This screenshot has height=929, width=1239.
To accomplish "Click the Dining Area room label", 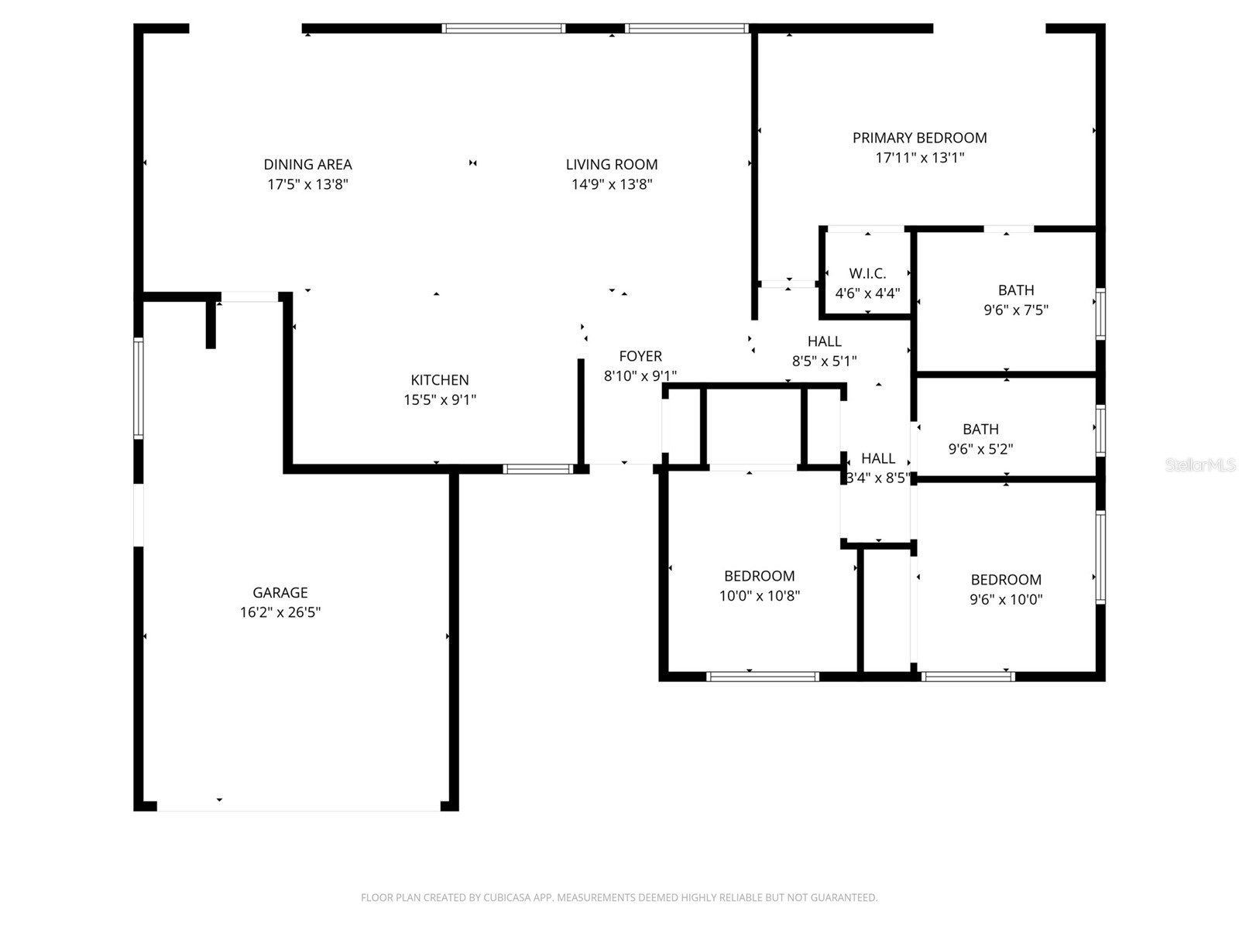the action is pyautogui.click(x=307, y=165).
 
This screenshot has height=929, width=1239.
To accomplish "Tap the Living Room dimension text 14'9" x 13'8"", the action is pyautogui.click(x=612, y=184).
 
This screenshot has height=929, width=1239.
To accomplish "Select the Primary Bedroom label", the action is pyautogui.click(x=919, y=139).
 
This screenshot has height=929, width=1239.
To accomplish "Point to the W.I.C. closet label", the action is pyautogui.click(x=867, y=273).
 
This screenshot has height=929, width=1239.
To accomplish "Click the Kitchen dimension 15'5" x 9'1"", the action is pyautogui.click(x=440, y=400).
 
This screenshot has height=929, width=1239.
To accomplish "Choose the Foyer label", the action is pyautogui.click(x=640, y=356).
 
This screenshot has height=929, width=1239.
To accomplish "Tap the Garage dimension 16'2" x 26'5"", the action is pyautogui.click(x=280, y=612).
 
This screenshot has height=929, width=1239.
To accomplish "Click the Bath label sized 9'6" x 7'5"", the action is pyautogui.click(x=1016, y=290).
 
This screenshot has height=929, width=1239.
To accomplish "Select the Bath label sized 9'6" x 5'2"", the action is pyautogui.click(x=980, y=430).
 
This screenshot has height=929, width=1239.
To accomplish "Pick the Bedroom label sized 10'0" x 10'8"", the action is pyautogui.click(x=759, y=576).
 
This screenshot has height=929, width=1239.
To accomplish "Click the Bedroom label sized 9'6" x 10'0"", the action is pyautogui.click(x=1006, y=580).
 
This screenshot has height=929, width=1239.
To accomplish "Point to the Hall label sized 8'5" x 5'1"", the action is pyautogui.click(x=824, y=341).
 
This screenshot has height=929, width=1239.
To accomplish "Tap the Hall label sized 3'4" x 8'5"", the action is pyautogui.click(x=877, y=458).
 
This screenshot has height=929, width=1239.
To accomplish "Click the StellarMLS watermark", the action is pyautogui.click(x=1200, y=465).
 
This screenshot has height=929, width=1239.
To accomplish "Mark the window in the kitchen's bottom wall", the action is pyautogui.click(x=538, y=468).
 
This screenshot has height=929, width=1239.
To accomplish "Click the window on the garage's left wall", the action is pyautogui.click(x=139, y=388).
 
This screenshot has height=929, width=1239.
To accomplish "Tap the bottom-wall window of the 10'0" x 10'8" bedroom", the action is pyautogui.click(x=762, y=677).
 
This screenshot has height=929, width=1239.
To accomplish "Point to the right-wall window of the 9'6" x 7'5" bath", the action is pyautogui.click(x=1100, y=314).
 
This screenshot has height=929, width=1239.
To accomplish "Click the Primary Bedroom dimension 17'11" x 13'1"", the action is pyautogui.click(x=919, y=158).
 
